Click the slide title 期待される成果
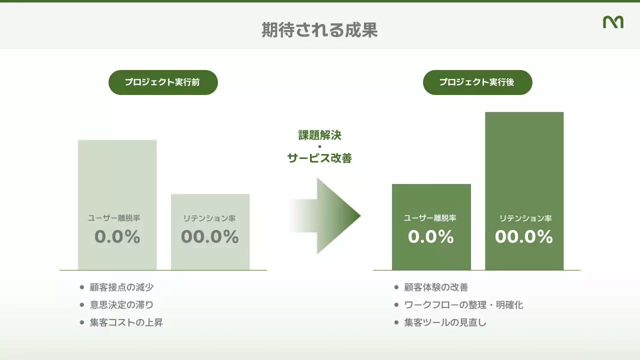click(319, 30)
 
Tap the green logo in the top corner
click(613, 22)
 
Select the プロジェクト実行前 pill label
click(163, 82)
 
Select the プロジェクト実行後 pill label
click(477, 82)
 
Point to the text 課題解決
click(320, 135)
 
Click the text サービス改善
click(320, 158)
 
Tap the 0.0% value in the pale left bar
click(117, 236)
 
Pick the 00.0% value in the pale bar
click(210, 236)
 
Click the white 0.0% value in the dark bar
click(431, 236)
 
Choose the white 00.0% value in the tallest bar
click(524, 236)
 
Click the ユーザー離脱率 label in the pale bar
click(114, 218)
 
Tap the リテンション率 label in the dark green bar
click(525, 218)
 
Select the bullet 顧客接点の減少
click(121, 287)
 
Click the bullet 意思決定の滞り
click(121, 305)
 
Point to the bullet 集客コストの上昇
click(126, 322)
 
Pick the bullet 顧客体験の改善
click(436, 287)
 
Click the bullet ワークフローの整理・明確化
click(463, 305)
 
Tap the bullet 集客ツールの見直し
click(445, 322)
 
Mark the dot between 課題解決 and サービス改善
click(320, 146)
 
